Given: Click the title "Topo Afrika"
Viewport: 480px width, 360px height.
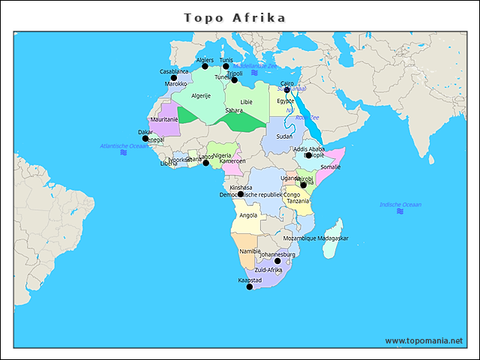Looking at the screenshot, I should (235, 17).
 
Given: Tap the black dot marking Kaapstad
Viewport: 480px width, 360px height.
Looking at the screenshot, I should (250, 286).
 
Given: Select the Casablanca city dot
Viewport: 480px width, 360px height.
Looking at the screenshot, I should (174, 78).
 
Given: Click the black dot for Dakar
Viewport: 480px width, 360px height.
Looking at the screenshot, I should (145, 139).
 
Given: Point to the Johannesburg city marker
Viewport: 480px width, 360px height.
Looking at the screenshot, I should (277, 262).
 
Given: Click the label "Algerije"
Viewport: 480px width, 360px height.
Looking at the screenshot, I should (201, 96).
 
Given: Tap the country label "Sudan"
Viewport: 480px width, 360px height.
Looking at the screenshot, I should (284, 137).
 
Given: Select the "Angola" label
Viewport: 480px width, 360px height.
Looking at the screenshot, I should (248, 215).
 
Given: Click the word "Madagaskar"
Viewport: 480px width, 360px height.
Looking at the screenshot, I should (333, 238).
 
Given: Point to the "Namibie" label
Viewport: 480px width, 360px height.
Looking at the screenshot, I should (250, 251).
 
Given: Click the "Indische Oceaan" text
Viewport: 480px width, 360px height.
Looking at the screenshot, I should (400, 205).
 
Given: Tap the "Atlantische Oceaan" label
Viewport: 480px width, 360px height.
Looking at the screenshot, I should (124, 145).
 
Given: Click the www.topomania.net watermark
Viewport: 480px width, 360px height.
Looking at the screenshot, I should (424, 340).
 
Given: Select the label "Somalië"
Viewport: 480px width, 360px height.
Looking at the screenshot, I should (331, 167).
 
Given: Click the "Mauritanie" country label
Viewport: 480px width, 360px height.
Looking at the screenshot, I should (164, 120).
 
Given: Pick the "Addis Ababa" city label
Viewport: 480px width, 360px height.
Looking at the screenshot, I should (309, 148).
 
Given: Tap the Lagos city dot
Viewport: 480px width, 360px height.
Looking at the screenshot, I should (206, 163).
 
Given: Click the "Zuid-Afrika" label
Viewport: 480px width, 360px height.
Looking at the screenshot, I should (268, 270).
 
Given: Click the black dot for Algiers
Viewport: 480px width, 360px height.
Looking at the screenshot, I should (205, 66).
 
